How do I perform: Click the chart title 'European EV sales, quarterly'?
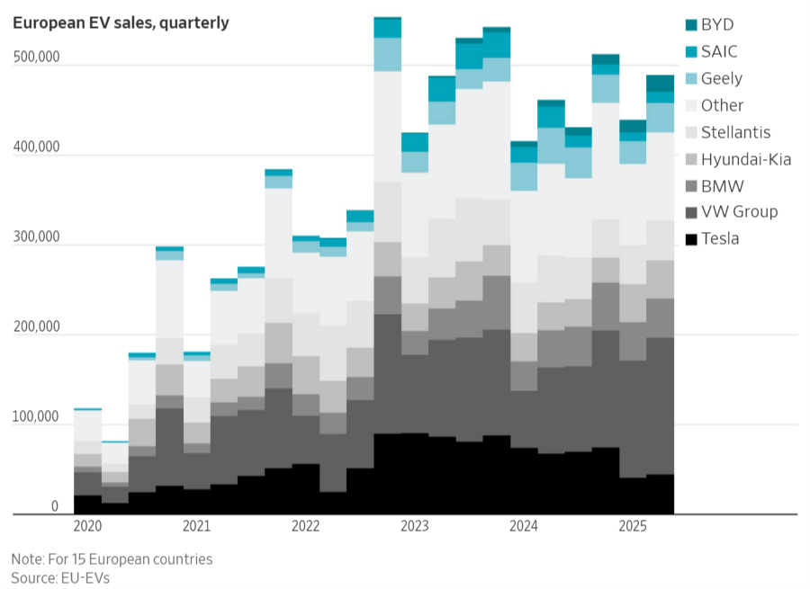tap(121, 23)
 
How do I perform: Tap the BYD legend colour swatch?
tap(691, 25)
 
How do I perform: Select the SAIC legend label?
tap(719, 52)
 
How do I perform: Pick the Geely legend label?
tap(722, 79)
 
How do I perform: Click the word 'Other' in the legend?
tap(722, 105)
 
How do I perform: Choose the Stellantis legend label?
tap(735, 132)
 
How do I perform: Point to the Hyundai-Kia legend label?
tap(746, 159)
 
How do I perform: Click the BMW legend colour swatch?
tap(691, 186)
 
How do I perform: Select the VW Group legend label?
tap(739, 212)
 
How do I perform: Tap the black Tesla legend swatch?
tap(691, 239)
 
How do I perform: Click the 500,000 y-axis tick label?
tap(35, 58)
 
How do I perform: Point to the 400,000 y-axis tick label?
tap(35, 147)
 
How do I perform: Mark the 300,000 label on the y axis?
tap(35, 237)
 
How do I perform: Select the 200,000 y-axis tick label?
tap(35, 327)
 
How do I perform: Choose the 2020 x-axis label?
tap(87, 524)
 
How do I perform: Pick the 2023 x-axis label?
tap(415, 524)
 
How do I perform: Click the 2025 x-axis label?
tap(633, 524)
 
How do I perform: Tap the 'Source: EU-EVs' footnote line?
tap(60, 578)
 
